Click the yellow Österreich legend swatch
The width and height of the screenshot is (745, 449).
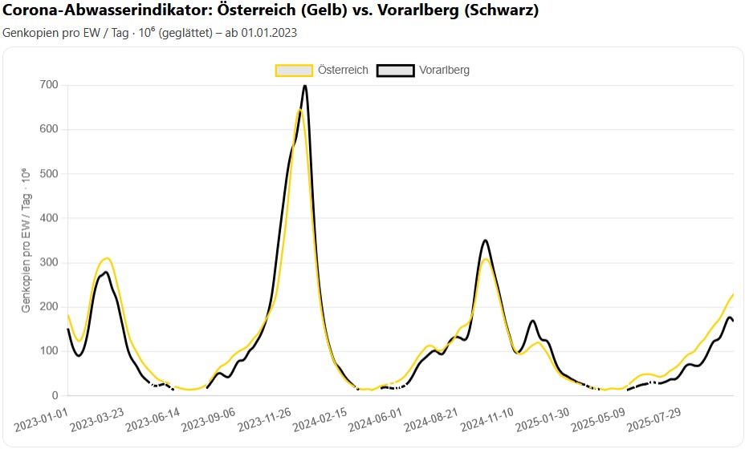294,70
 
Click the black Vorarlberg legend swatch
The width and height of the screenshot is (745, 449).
394,70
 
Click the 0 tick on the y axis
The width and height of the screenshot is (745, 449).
55,395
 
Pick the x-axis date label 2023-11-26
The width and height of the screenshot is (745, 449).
264,419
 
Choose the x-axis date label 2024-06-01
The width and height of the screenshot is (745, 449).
375,419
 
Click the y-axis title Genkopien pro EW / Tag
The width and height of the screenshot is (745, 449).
26,240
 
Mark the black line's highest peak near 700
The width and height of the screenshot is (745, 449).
305,85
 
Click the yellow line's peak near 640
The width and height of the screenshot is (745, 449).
299,110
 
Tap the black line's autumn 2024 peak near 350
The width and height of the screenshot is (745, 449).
485,240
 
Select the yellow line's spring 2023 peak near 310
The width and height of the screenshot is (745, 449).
106,258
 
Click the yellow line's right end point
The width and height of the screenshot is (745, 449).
734,294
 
